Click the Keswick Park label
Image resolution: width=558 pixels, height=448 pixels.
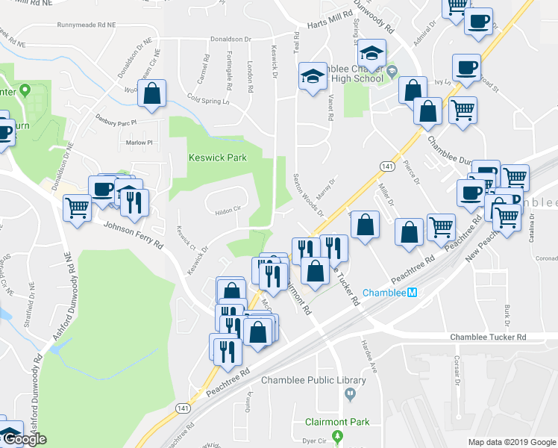pos(216,158)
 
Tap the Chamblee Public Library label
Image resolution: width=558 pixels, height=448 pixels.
pos(313,380)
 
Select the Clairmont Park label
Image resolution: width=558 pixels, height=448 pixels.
pos(337,422)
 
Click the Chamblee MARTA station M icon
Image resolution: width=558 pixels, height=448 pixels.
pos(412,293)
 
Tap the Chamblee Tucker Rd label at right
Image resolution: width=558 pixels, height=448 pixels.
pos(488,337)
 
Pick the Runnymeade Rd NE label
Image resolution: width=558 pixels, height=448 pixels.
pos(90,25)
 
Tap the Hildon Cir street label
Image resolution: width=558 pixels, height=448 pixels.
pos(228,210)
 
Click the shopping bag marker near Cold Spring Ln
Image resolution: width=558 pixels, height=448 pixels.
pos(151,95)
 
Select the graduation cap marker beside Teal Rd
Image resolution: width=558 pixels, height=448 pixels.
pos(313,76)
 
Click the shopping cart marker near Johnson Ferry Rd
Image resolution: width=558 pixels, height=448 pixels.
pos(77,208)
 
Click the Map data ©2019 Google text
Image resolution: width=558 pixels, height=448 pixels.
pos(511,442)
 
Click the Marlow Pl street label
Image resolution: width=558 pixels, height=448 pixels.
pos(139,142)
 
